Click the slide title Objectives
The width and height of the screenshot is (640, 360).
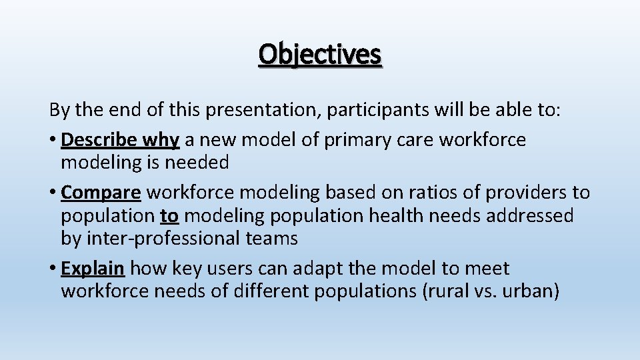pos(320,55)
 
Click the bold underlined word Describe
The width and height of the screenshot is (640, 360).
pos(99,140)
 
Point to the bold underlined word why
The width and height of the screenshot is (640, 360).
pos(162,140)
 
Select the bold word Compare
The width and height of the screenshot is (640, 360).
pos(101,193)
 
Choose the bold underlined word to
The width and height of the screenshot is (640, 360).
pos(169,215)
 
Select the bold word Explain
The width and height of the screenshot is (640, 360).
pos(93,269)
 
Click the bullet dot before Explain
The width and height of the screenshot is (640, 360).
pos(52,269)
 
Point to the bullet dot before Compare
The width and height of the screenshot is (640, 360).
pos(52,193)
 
